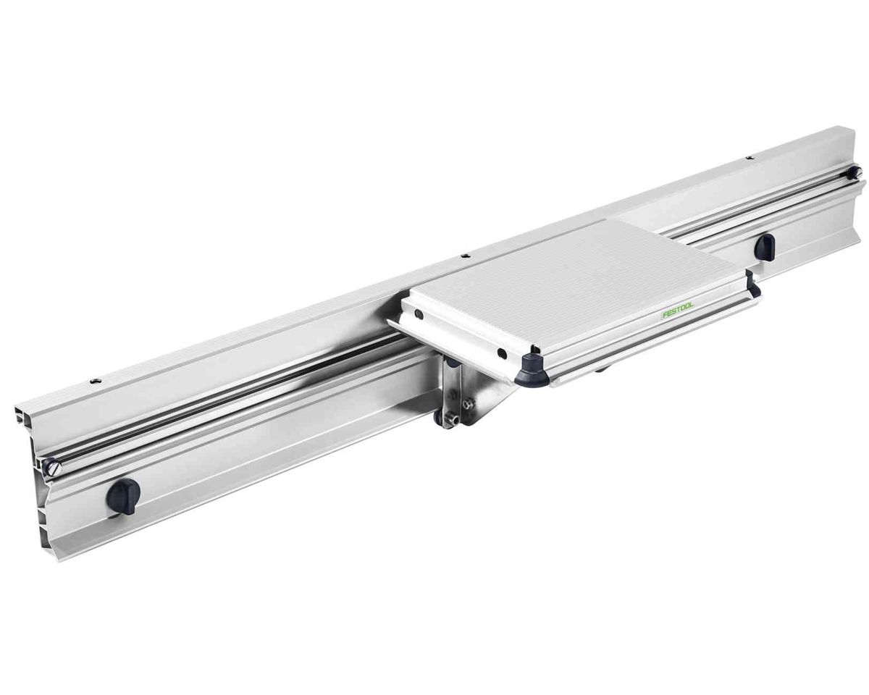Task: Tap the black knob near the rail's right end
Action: coord(764,246)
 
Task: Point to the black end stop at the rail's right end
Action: coord(854,173)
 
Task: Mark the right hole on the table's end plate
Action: coord(502,354)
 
